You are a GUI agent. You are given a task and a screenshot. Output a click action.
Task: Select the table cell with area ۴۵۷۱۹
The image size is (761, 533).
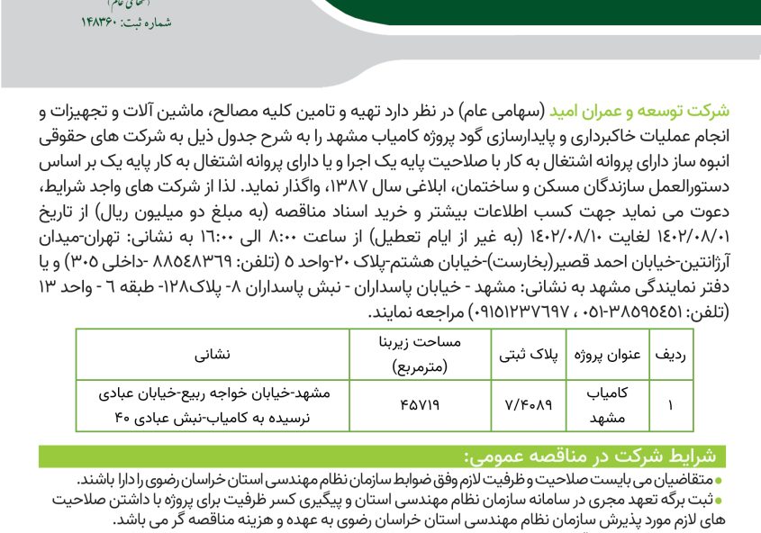pyautogui.click(x=415, y=405)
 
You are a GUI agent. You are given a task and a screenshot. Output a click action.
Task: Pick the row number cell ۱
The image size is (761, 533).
pyautogui.click(x=672, y=405)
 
